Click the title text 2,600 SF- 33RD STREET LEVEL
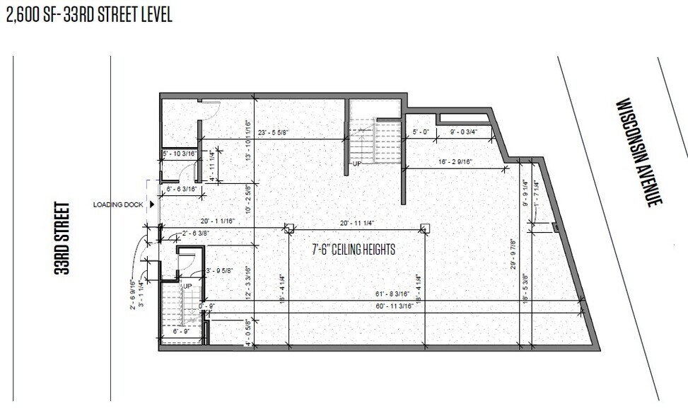tap(89, 15)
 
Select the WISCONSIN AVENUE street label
tap(639, 151)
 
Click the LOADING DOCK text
tap(118, 205)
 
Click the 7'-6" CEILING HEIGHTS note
tap(354, 249)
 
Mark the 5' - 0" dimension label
tap(421, 132)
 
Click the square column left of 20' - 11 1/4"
tap(288, 228)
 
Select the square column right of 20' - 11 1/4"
tap(425, 228)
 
